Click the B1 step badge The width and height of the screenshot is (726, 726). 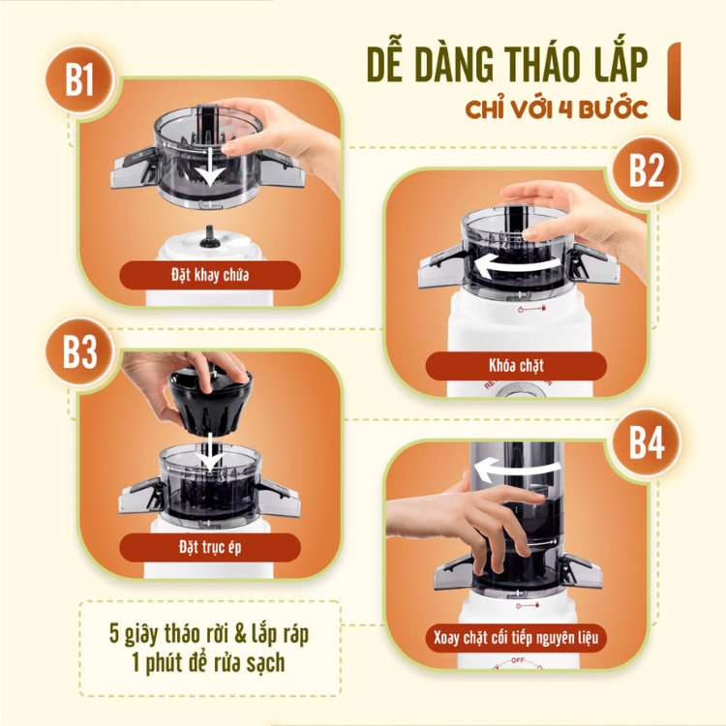pos(79,79)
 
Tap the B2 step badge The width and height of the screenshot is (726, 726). pos(647,170)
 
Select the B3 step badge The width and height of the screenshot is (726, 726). pos(79,352)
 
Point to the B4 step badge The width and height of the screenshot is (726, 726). pos(647,442)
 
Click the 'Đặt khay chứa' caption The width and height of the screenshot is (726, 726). pos(210,275)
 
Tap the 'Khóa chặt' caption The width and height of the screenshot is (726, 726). pos(516,366)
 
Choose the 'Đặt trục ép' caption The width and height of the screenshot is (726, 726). pos(210,547)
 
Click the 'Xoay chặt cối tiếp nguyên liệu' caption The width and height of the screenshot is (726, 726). pos(516,638)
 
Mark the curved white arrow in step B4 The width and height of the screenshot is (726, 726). pos(518,469)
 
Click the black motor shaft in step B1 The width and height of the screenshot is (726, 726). pos(210,236)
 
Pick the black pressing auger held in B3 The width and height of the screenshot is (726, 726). pos(211,401)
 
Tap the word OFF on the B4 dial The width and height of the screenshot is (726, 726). pos(518,660)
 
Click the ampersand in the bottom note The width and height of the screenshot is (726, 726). pos(240,634)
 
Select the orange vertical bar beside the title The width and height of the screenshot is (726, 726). pos(674,81)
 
